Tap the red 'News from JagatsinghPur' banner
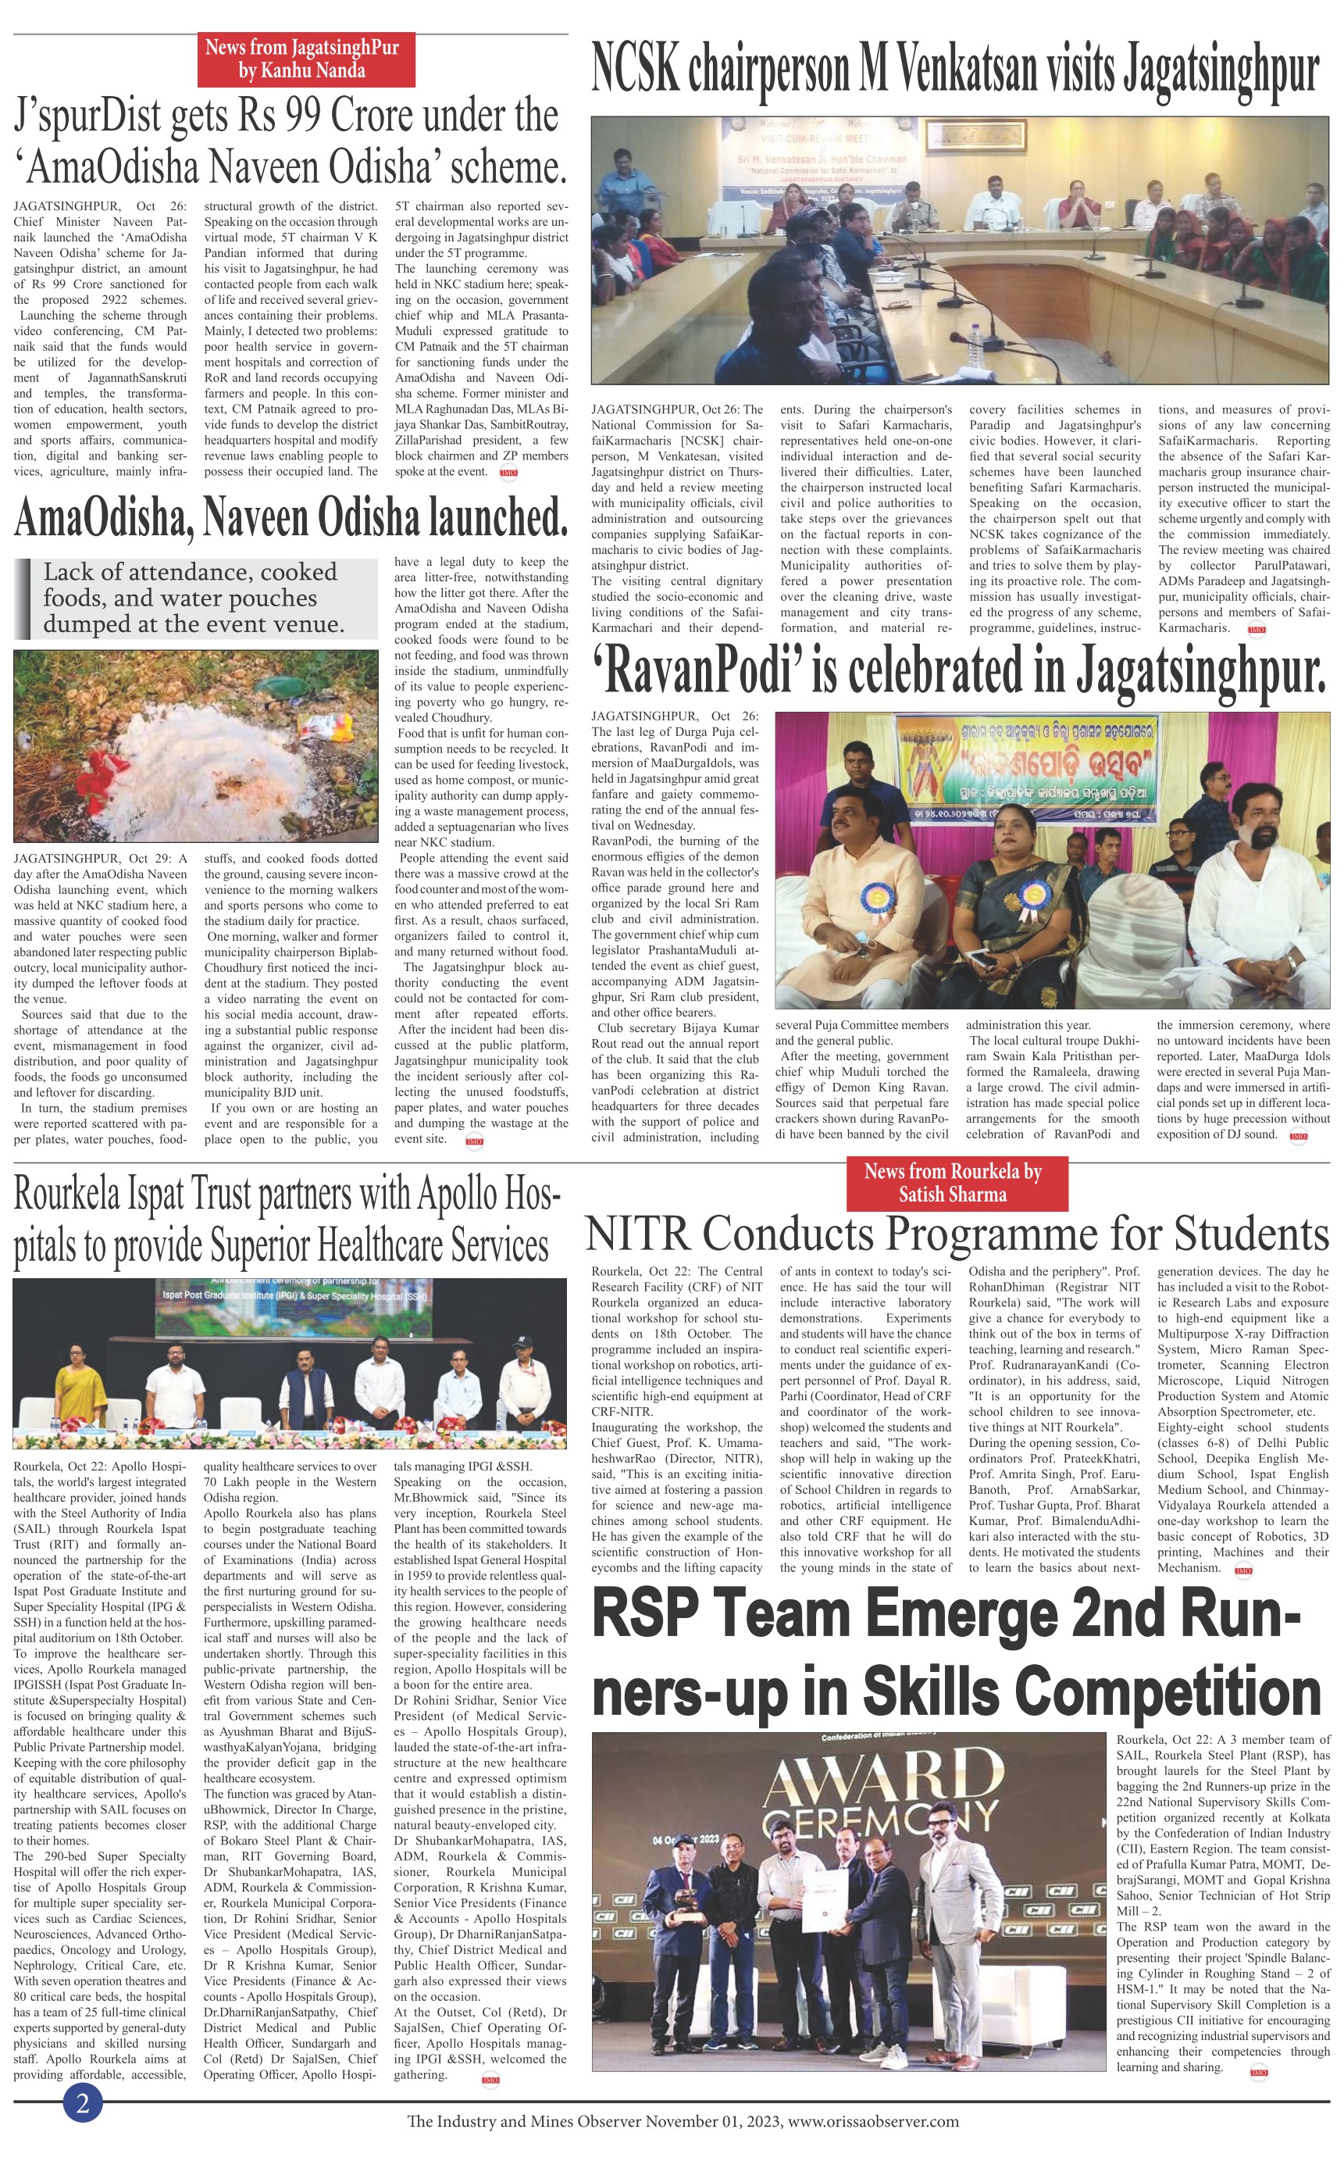point(306,59)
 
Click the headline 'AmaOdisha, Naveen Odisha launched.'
point(291,518)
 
